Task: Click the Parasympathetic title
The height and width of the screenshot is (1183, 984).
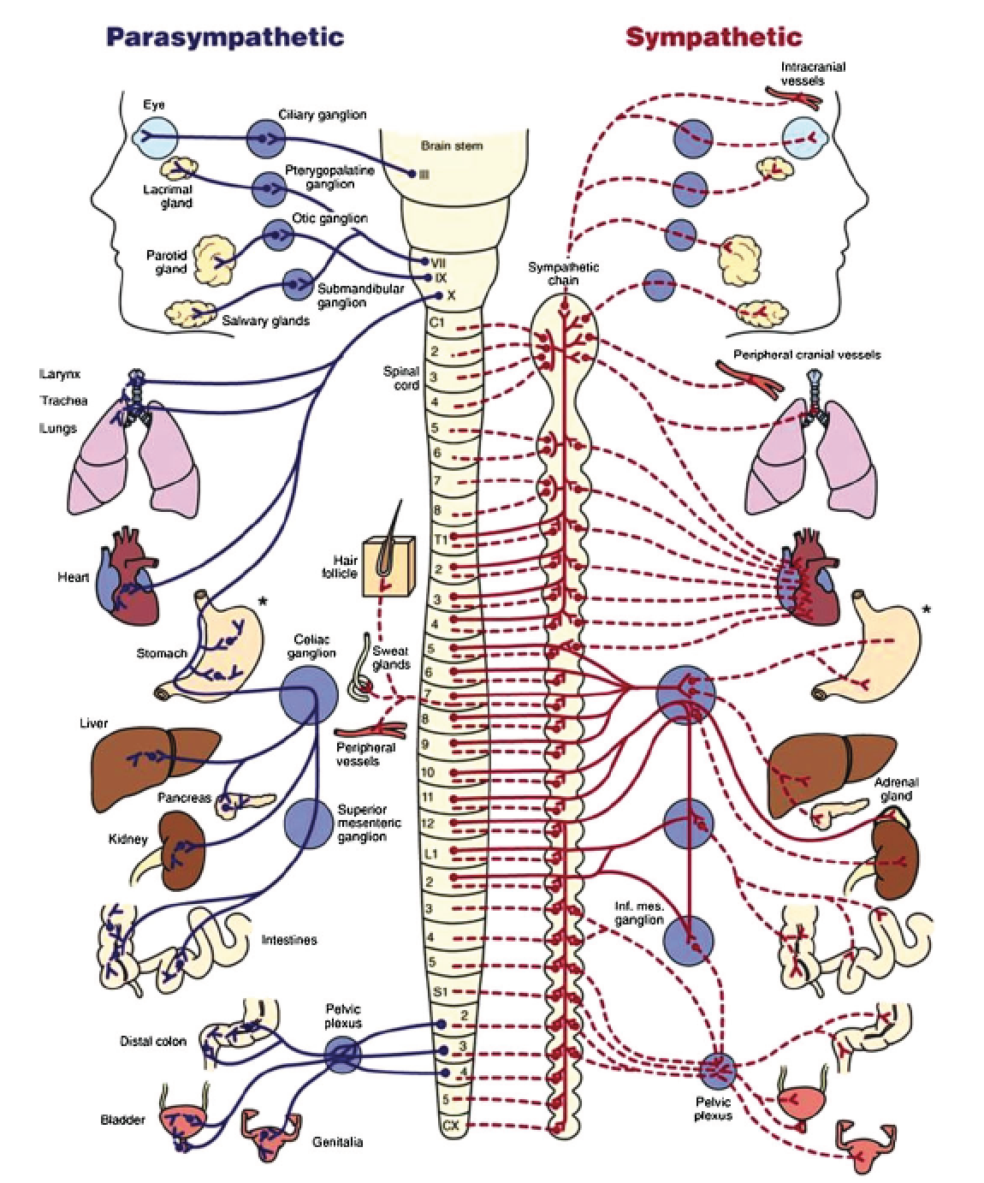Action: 224,37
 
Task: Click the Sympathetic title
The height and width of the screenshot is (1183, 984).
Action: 714,37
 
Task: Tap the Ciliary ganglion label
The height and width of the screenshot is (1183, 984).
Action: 323,115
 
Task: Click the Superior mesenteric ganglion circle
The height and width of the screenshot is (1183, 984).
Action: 307,823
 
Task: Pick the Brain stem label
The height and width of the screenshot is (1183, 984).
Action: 451,146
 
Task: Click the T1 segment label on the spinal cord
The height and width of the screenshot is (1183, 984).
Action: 441,539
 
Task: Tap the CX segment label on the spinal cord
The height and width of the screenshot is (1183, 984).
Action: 451,1127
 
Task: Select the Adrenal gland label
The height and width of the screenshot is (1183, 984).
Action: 896,789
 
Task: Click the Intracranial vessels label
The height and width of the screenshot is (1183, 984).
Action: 803,74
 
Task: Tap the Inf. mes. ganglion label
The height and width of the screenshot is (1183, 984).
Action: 639,913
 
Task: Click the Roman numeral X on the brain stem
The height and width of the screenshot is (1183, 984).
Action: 451,295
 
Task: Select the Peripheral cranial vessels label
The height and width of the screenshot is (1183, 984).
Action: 806,354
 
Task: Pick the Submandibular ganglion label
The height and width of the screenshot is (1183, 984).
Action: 359,295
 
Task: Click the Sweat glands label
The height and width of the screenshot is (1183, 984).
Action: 391,657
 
